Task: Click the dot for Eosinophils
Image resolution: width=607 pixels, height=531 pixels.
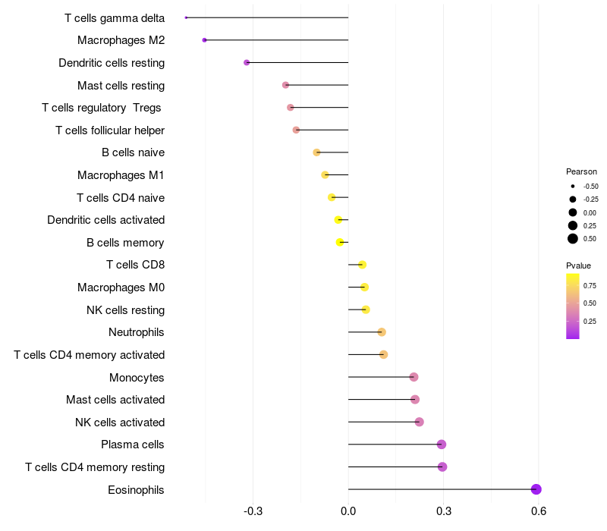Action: click(536, 489)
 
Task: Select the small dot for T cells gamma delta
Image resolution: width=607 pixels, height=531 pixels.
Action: click(186, 17)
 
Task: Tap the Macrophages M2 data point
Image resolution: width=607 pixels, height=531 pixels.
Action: click(204, 39)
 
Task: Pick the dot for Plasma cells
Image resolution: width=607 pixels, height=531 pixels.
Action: click(442, 445)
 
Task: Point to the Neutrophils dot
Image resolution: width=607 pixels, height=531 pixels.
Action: click(382, 332)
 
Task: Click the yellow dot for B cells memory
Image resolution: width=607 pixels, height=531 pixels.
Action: click(340, 243)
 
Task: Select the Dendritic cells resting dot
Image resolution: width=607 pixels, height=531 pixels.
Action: click(247, 62)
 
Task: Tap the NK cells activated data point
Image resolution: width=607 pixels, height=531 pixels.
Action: click(420, 422)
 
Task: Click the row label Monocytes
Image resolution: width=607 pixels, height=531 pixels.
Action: click(137, 377)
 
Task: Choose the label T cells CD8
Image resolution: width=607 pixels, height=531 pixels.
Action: click(135, 265)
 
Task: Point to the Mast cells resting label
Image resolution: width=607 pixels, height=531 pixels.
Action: click(121, 85)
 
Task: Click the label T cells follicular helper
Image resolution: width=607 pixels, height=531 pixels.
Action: click(110, 130)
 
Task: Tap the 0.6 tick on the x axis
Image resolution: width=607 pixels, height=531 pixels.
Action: click(539, 511)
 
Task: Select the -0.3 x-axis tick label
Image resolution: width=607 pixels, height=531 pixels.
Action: click(253, 511)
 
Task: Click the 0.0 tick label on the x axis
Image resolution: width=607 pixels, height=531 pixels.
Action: click(348, 511)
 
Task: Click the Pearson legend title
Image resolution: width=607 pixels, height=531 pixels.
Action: click(581, 171)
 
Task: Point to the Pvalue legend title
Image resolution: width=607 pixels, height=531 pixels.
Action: click(578, 265)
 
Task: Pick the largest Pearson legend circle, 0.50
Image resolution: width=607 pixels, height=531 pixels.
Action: click(572, 239)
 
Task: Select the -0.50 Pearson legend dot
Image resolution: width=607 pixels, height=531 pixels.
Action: click(572, 186)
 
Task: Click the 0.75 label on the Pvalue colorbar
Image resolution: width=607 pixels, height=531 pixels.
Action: click(590, 285)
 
